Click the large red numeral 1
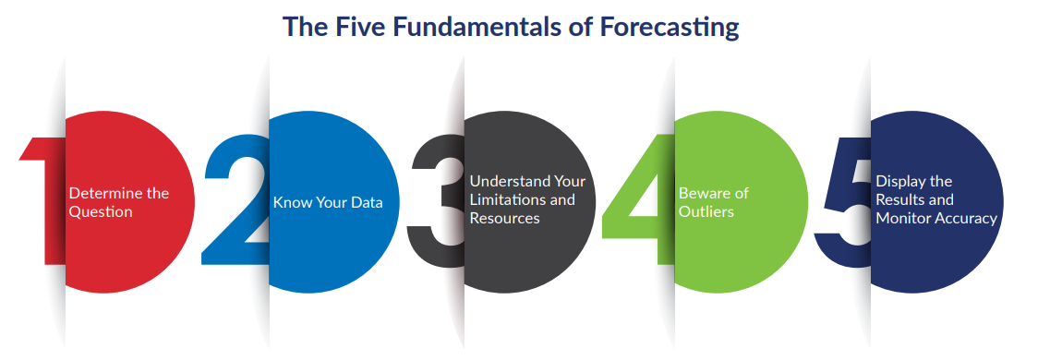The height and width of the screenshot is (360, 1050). [42, 200]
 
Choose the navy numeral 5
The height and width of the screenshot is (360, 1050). [843, 200]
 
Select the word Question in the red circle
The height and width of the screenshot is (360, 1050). [101, 212]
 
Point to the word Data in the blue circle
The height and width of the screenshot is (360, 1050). [367, 202]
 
